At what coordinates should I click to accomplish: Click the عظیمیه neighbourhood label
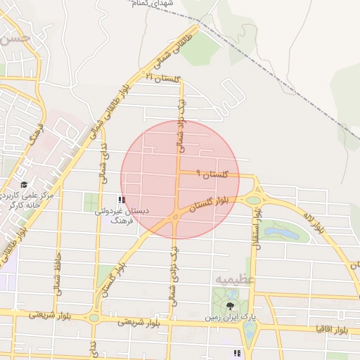coord(231,279)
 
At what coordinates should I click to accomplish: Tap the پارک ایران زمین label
coord(209,317)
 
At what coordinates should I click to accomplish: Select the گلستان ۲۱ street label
coord(163,77)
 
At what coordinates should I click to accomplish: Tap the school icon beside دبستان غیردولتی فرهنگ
coord(122,200)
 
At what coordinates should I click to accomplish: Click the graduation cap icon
coord(33,185)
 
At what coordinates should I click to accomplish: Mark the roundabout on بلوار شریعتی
coord(94,318)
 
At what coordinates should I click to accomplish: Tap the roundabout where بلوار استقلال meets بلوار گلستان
coord(253,200)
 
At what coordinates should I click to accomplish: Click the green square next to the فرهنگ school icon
coord(93,202)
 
